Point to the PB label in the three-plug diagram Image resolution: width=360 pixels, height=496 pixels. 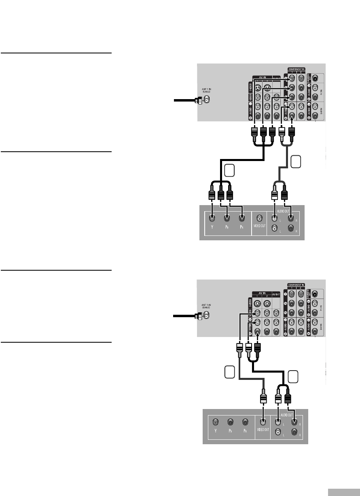[x=229, y=438]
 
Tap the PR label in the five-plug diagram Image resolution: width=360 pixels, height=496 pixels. [x=241, y=233]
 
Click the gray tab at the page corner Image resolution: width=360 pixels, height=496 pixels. [x=343, y=492]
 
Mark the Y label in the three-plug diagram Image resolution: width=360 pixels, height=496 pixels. [x=215, y=438]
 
